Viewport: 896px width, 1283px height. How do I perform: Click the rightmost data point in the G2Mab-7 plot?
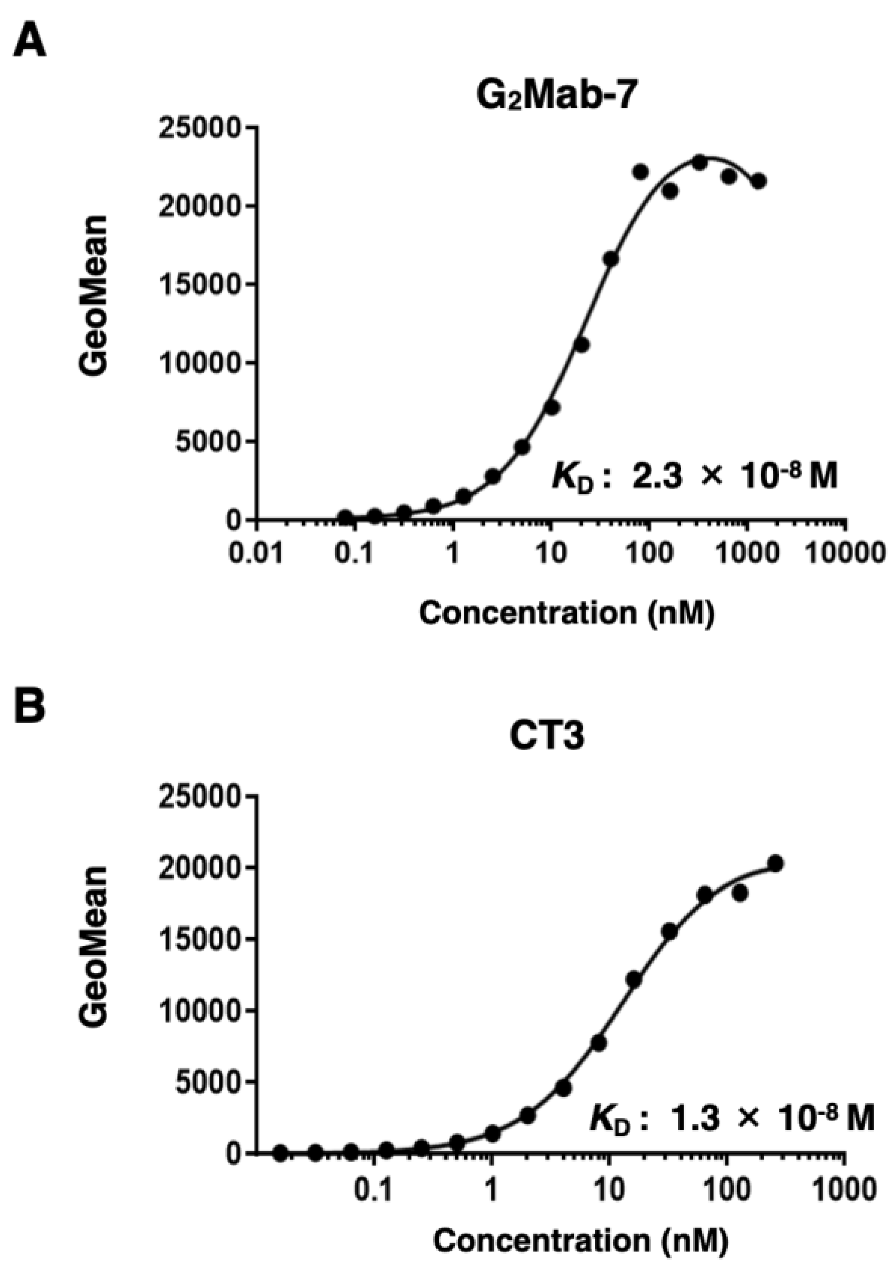[x=758, y=181]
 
